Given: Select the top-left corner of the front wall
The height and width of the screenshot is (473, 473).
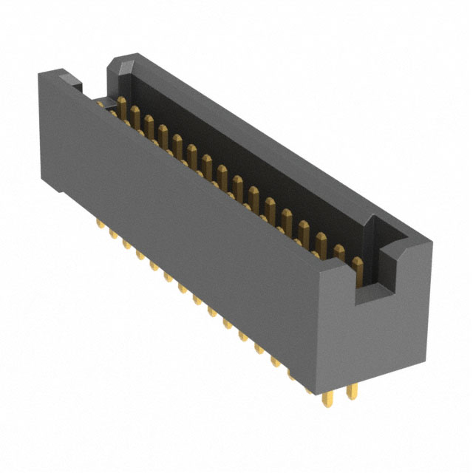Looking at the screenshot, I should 41,70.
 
